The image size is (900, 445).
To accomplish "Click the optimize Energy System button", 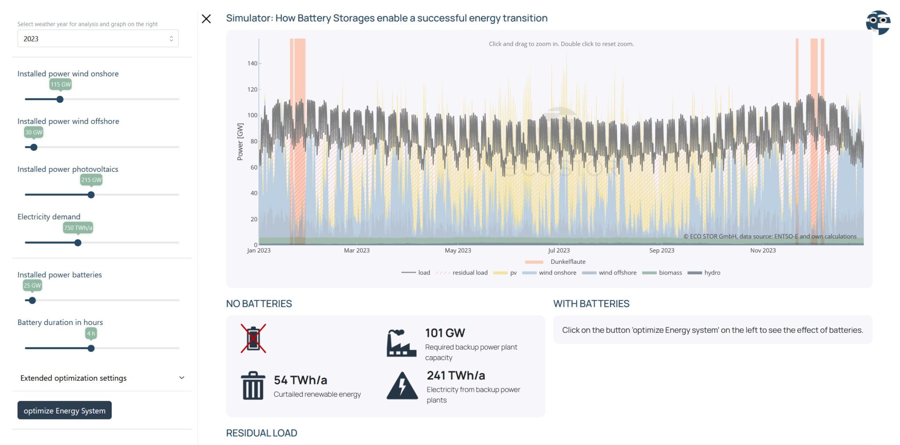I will [64, 410].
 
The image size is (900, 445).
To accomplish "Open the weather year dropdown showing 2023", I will [98, 39].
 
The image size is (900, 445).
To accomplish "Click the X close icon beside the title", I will [206, 19].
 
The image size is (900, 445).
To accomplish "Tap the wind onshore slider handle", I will [60, 99].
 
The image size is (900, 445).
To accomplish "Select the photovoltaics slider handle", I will [91, 195].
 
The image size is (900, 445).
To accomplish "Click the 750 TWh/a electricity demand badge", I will [78, 228].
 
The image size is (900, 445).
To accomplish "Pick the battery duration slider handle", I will [91, 348].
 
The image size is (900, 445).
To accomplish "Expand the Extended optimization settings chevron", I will [181, 378].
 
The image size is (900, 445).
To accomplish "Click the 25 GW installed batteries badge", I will [32, 285].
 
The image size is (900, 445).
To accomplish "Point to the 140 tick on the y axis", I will [252, 63].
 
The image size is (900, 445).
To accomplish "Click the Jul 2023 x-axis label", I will [559, 251].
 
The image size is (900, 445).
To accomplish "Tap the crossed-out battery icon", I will [253, 339].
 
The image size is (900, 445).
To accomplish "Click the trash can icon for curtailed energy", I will [253, 386].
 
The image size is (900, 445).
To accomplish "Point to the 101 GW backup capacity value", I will [445, 333].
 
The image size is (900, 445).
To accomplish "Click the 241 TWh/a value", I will [456, 376].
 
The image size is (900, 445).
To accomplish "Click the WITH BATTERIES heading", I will [591, 304].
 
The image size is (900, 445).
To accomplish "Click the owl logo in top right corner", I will [878, 22].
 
